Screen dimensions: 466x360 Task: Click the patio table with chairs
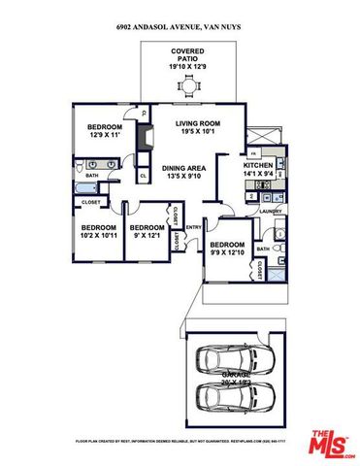188,88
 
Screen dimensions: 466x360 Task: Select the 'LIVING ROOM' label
199,123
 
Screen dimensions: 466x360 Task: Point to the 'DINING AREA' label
182,167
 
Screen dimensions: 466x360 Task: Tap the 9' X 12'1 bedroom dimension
148,235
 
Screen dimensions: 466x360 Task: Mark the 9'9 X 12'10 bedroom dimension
228,252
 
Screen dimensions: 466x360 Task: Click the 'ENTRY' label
192,228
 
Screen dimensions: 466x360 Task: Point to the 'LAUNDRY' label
270,210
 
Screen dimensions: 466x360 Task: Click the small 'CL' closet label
142,176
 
